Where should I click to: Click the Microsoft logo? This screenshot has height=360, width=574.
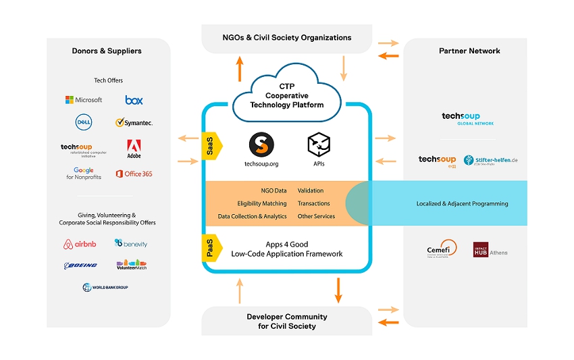84,100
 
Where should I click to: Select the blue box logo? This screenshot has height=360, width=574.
134,100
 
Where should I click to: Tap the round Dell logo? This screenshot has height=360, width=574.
84,122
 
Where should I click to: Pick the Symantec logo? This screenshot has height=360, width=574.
134,123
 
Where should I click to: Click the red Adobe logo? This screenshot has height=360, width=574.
134,149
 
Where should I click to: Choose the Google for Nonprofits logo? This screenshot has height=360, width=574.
84,174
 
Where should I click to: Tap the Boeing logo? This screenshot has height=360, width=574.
81,265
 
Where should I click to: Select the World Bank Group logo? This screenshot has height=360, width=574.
105,287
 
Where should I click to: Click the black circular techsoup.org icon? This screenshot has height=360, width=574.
261,144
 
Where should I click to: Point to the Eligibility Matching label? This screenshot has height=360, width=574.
262,203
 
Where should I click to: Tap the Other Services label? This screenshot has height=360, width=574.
316,216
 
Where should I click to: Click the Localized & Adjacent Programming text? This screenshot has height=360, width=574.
462,203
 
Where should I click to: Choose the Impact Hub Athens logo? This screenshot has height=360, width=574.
490,250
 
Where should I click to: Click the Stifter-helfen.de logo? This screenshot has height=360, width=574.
491,160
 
